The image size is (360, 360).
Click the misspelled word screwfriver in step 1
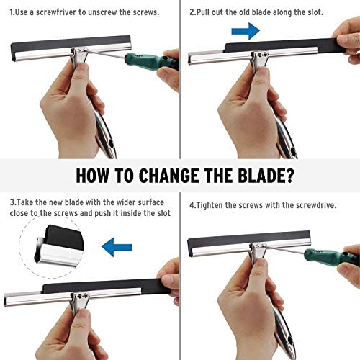tap(56, 12)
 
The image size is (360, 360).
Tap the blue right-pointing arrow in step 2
tap(246, 31)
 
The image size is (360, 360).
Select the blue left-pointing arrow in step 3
tap(117, 247)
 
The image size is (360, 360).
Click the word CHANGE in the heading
tap(168, 176)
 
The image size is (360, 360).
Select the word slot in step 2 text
tap(315, 12)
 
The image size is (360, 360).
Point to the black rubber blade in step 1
tap(70, 44)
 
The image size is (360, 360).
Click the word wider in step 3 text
tap(126, 202)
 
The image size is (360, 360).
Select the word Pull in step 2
tap(203, 12)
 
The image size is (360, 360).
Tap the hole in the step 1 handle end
tap(111, 144)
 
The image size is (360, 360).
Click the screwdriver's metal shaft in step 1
tap(106, 53)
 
